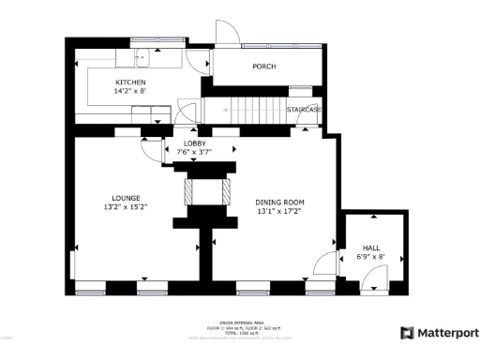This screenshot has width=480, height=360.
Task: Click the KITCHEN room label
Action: tap(130, 82)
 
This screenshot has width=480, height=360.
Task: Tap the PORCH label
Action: tap(264, 67)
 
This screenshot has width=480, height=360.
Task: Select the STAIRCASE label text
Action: tap(304, 110)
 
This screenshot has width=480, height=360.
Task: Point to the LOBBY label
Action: tap(194, 143)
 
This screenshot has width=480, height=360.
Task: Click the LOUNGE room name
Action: tap(127, 198)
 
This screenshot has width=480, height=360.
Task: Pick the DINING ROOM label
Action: tap(280, 202)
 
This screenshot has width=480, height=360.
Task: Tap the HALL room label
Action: tap(371, 248)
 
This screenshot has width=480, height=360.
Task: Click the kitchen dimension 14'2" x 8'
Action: tap(130, 91)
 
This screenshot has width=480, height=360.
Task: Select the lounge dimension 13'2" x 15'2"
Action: tap(127, 206)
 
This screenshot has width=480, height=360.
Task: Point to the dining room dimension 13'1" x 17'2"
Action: tap(280, 211)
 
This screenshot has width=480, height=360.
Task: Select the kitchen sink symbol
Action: tap(143, 59)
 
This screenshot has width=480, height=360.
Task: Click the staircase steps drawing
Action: tap(244, 109)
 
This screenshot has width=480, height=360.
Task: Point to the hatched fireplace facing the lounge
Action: tap(190, 190)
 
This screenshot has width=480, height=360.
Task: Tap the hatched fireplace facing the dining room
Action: tap(226, 190)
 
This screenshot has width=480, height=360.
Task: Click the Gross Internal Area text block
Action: tap(240, 329)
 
